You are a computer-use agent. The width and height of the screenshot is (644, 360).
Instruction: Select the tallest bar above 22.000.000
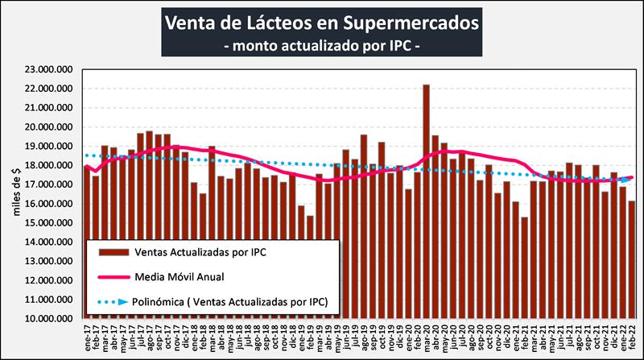click(426, 201)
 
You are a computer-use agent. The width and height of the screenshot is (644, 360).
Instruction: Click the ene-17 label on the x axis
click(87, 337)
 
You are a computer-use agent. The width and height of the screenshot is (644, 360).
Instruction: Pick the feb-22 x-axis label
click(632, 337)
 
